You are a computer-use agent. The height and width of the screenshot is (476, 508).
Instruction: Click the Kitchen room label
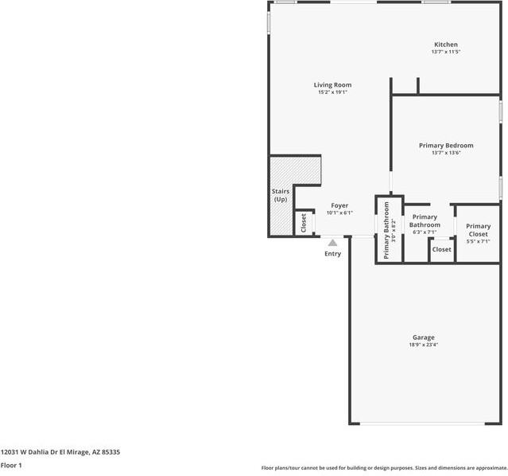tap(445, 45)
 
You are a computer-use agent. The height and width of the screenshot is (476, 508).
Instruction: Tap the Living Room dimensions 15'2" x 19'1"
tap(332, 92)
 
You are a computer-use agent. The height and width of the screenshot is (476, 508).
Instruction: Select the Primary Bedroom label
tap(446, 146)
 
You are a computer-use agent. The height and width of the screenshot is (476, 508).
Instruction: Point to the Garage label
tap(423, 337)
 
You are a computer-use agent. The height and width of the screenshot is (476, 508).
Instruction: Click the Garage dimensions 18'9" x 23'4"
tap(423, 345)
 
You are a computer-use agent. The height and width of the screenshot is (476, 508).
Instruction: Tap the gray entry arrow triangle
tap(332, 242)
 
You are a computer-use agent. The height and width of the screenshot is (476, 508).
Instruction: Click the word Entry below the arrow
tap(332, 254)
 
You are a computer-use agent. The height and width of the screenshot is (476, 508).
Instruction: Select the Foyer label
tap(339, 205)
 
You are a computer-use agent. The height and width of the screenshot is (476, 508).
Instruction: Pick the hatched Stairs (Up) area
tap(281, 195)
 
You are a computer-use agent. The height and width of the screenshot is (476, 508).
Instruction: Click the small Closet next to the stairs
tap(303, 223)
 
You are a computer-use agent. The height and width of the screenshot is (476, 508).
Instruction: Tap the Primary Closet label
tap(478, 229)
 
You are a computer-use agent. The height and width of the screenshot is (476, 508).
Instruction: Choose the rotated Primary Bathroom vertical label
tap(387, 230)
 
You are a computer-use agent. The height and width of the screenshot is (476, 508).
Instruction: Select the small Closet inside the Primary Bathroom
tap(441, 249)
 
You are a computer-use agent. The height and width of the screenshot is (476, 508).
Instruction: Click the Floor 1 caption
tap(11, 465)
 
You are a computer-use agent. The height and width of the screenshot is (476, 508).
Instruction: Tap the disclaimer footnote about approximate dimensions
tap(384, 468)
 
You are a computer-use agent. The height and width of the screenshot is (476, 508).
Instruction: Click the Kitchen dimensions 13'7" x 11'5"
tap(445, 52)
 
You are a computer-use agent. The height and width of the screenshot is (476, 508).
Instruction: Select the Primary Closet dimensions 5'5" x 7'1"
tap(478, 241)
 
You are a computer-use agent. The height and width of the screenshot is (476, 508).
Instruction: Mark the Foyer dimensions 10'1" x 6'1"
tap(339, 213)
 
